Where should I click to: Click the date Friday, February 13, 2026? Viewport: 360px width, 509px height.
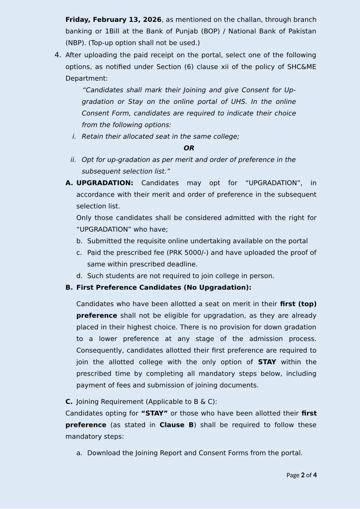click(113, 20)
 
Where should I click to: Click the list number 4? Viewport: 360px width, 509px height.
click(58, 55)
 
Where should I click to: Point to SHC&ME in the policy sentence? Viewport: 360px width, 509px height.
click(301, 67)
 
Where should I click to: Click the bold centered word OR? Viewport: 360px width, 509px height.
click(189, 148)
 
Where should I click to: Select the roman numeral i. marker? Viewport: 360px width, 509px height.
click(74, 137)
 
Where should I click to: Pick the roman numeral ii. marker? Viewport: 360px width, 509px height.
click(73, 160)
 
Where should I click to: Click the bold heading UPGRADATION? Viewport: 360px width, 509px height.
click(105, 183)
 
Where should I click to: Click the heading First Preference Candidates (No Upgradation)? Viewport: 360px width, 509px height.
click(164, 287)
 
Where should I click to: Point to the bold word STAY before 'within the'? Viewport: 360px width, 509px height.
click(267, 362)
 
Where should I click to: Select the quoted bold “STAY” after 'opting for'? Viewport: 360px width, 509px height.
click(155, 413)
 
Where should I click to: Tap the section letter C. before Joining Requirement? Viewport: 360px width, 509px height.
click(69, 402)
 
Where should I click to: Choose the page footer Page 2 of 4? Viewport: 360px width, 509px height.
click(301, 475)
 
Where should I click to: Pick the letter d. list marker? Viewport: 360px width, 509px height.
click(79, 276)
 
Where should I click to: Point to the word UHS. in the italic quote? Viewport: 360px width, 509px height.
click(239, 102)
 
